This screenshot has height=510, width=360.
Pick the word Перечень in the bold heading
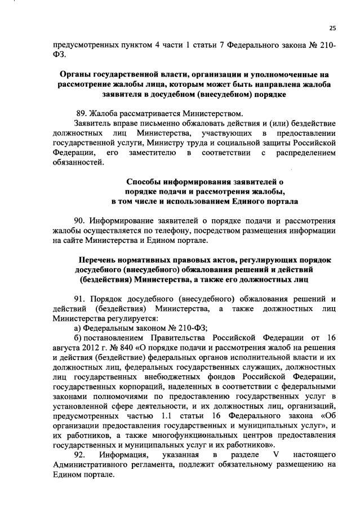click(98, 260)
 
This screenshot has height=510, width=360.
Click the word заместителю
click(146, 153)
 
